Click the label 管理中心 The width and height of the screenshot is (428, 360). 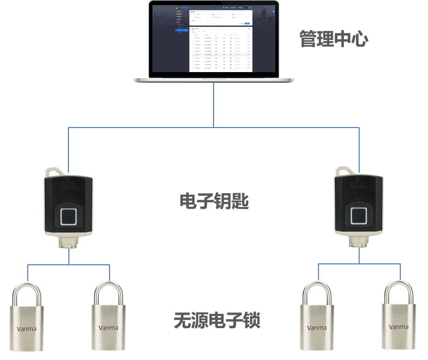click(x=334, y=39)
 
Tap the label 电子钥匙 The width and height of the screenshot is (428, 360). click(x=214, y=201)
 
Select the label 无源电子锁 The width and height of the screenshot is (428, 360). click(x=217, y=320)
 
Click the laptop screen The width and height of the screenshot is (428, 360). click(x=214, y=39)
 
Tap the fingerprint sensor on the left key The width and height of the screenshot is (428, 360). click(x=69, y=215)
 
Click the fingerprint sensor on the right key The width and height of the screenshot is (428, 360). click(x=359, y=215)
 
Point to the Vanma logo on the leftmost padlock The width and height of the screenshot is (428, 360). click(x=26, y=329)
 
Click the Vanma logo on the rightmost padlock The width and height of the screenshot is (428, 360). click(x=398, y=327)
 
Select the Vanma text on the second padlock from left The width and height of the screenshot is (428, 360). click(x=108, y=328)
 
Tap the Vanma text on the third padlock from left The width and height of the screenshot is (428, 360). click(x=317, y=328)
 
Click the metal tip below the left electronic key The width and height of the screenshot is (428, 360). click(x=69, y=244)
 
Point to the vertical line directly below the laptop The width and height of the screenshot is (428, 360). click(x=214, y=104)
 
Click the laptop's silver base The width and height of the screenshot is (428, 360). click(x=214, y=79)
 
